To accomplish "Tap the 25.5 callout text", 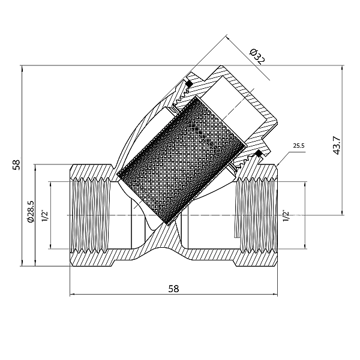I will pos(299,146).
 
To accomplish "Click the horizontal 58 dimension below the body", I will pos(173,288).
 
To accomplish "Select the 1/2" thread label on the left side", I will pos(44,215).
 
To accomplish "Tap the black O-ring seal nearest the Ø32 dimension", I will pos(188,83).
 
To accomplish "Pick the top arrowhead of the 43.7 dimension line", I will pos(343,66).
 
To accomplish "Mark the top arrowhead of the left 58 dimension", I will pos(22,66).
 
